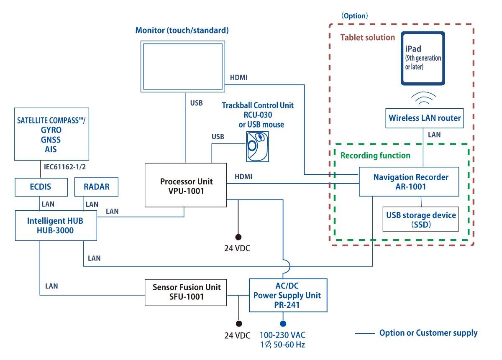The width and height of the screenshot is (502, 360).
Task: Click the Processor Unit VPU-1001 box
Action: (186, 185)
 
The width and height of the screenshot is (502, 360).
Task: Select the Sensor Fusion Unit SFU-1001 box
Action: (186, 292)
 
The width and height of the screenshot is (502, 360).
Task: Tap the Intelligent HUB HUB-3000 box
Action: (56, 226)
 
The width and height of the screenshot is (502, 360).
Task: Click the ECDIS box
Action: (41, 187)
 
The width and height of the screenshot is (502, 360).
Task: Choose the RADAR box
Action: (96, 187)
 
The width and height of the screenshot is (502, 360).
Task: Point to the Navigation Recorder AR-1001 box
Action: (409, 182)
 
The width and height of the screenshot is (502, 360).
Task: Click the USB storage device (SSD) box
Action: (421, 219)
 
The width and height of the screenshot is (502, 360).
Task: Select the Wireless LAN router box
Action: (425, 118)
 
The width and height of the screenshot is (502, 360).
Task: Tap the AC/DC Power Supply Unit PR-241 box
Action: (288, 295)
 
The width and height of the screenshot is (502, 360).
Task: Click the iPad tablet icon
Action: (423, 58)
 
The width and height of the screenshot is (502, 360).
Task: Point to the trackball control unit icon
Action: (258, 146)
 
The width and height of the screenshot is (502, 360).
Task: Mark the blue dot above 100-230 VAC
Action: (283, 324)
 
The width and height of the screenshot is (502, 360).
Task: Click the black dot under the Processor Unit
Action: (238, 237)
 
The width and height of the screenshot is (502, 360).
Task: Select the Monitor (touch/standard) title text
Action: (182, 30)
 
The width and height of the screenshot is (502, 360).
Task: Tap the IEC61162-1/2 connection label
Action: (65, 167)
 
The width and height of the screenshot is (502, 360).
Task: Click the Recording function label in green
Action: (375, 156)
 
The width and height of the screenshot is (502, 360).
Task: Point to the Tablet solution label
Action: (368, 37)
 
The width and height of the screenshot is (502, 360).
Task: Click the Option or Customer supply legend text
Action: (428, 333)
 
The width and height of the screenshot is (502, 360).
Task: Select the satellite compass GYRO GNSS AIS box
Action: (51, 134)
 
